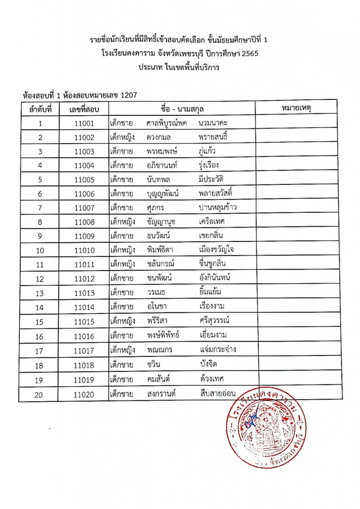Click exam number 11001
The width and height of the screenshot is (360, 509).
[x=84, y=123]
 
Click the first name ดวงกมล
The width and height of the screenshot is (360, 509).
[x=160, y=137]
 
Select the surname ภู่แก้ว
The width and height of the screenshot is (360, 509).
[x=206, y=151]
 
